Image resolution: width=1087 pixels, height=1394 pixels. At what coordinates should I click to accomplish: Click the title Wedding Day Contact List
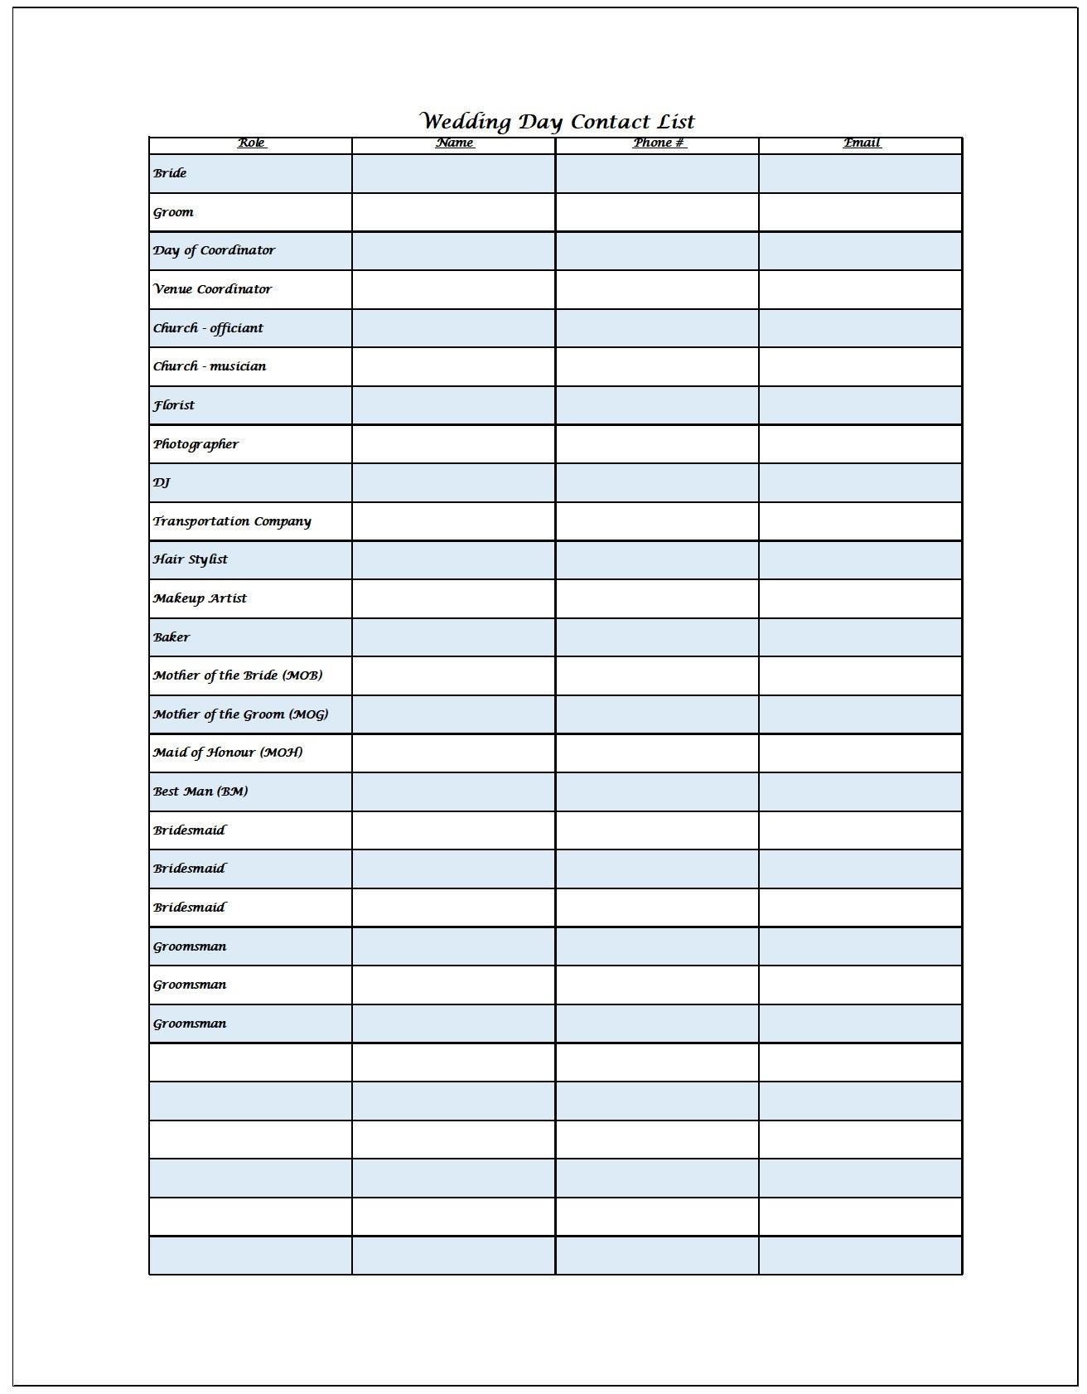558,122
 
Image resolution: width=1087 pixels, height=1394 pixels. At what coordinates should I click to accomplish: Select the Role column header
251,143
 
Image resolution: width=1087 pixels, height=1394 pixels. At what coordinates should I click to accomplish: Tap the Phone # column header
659,143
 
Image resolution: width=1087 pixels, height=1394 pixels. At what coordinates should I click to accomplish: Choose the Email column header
862,143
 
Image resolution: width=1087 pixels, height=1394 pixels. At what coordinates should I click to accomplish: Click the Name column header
455,143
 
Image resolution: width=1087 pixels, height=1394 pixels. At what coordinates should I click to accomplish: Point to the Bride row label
170,173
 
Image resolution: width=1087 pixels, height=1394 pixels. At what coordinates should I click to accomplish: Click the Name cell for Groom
453,212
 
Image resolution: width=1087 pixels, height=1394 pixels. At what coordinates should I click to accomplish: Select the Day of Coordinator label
214,250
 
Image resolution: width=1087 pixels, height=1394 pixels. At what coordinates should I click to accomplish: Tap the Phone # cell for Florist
657,405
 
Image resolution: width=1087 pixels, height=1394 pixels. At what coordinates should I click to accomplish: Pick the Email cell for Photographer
860,444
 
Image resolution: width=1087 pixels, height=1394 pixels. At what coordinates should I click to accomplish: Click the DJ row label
162,482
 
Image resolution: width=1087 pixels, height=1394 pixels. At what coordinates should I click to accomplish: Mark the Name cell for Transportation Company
453,521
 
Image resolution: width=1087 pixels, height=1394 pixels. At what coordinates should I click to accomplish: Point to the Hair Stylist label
190,559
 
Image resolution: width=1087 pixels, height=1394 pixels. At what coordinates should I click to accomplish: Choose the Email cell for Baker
860,637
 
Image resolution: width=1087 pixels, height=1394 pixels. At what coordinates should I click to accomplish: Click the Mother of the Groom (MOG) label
240,714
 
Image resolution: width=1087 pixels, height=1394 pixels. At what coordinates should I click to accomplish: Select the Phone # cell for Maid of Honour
657,753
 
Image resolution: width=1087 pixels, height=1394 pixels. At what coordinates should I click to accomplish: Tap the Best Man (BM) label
200,791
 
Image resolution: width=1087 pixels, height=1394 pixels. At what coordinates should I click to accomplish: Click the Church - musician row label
210,366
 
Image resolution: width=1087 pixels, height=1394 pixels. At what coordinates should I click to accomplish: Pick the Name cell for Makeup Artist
453,598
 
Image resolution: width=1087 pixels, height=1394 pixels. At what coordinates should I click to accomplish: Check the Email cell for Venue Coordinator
860,289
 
